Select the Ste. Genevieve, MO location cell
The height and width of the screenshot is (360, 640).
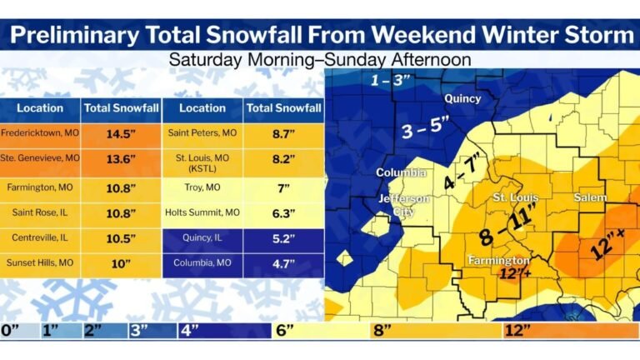40,157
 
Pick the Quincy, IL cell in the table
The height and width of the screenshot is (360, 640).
202,238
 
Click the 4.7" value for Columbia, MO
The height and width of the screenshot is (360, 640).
284,264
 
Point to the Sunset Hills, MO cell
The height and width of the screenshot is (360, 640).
40,264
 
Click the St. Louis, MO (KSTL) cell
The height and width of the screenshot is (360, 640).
202,160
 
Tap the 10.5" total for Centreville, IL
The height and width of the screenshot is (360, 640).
122,238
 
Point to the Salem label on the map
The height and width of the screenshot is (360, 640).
590,197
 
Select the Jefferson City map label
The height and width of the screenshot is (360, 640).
404,205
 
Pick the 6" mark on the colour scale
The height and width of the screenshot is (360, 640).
285,330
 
